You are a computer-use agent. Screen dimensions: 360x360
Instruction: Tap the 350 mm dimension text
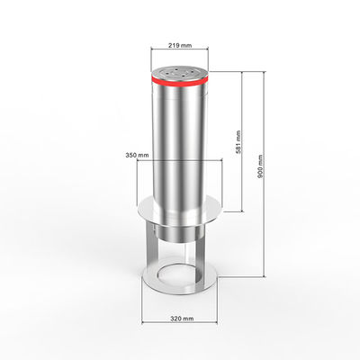point(137,155)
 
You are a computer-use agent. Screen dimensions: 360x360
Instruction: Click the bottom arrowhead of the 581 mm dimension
point(242,210)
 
